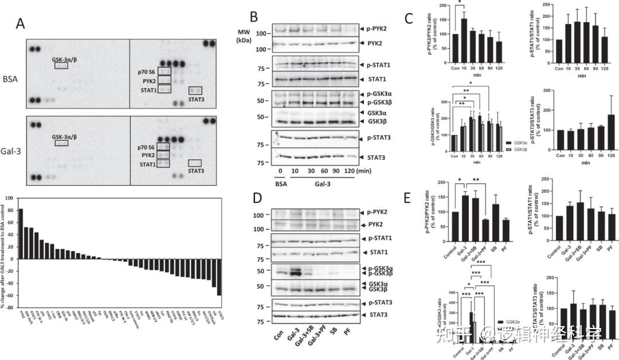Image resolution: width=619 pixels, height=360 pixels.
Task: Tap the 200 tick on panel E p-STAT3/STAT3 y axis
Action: pyautogui.click(x=549, y=277)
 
